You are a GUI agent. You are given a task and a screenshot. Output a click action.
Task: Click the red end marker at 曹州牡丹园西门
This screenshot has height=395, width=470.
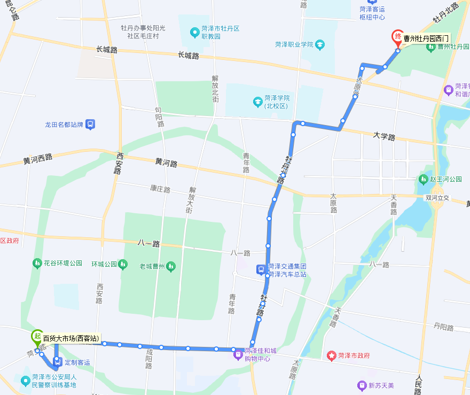397,37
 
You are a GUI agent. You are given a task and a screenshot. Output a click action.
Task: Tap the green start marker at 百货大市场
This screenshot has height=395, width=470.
36,337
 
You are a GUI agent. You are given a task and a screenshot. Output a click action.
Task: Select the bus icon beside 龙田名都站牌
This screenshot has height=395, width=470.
90,125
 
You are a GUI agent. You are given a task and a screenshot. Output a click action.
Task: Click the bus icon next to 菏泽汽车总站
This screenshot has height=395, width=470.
260,270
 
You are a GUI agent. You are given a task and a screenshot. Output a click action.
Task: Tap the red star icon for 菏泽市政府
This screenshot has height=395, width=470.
331,355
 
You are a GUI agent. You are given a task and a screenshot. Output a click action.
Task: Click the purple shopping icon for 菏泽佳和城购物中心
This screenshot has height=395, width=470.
239,354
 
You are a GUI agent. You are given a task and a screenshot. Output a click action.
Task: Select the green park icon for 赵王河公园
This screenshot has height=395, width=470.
424,179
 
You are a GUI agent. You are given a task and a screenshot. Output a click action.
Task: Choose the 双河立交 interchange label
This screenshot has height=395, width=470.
437,197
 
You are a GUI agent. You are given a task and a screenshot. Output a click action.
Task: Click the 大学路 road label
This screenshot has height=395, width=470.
384,137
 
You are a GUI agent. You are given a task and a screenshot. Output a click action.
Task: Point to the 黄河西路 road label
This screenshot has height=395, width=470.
38,158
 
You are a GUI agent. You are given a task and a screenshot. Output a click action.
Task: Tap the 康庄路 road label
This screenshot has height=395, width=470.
160,189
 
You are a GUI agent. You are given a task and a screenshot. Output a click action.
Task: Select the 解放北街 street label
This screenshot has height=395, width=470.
215,88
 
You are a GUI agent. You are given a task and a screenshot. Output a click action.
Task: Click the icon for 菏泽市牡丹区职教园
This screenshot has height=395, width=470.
195,32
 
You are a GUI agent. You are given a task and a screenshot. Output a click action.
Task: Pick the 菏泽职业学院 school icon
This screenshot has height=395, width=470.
320,44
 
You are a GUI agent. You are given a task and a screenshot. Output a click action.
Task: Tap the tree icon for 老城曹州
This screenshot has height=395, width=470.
171,266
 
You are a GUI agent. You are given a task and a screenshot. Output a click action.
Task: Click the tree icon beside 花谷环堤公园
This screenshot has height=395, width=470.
37,263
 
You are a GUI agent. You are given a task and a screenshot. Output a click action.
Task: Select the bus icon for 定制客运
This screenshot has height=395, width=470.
58,362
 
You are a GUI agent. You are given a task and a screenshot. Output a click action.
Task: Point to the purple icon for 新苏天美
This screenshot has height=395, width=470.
363,385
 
